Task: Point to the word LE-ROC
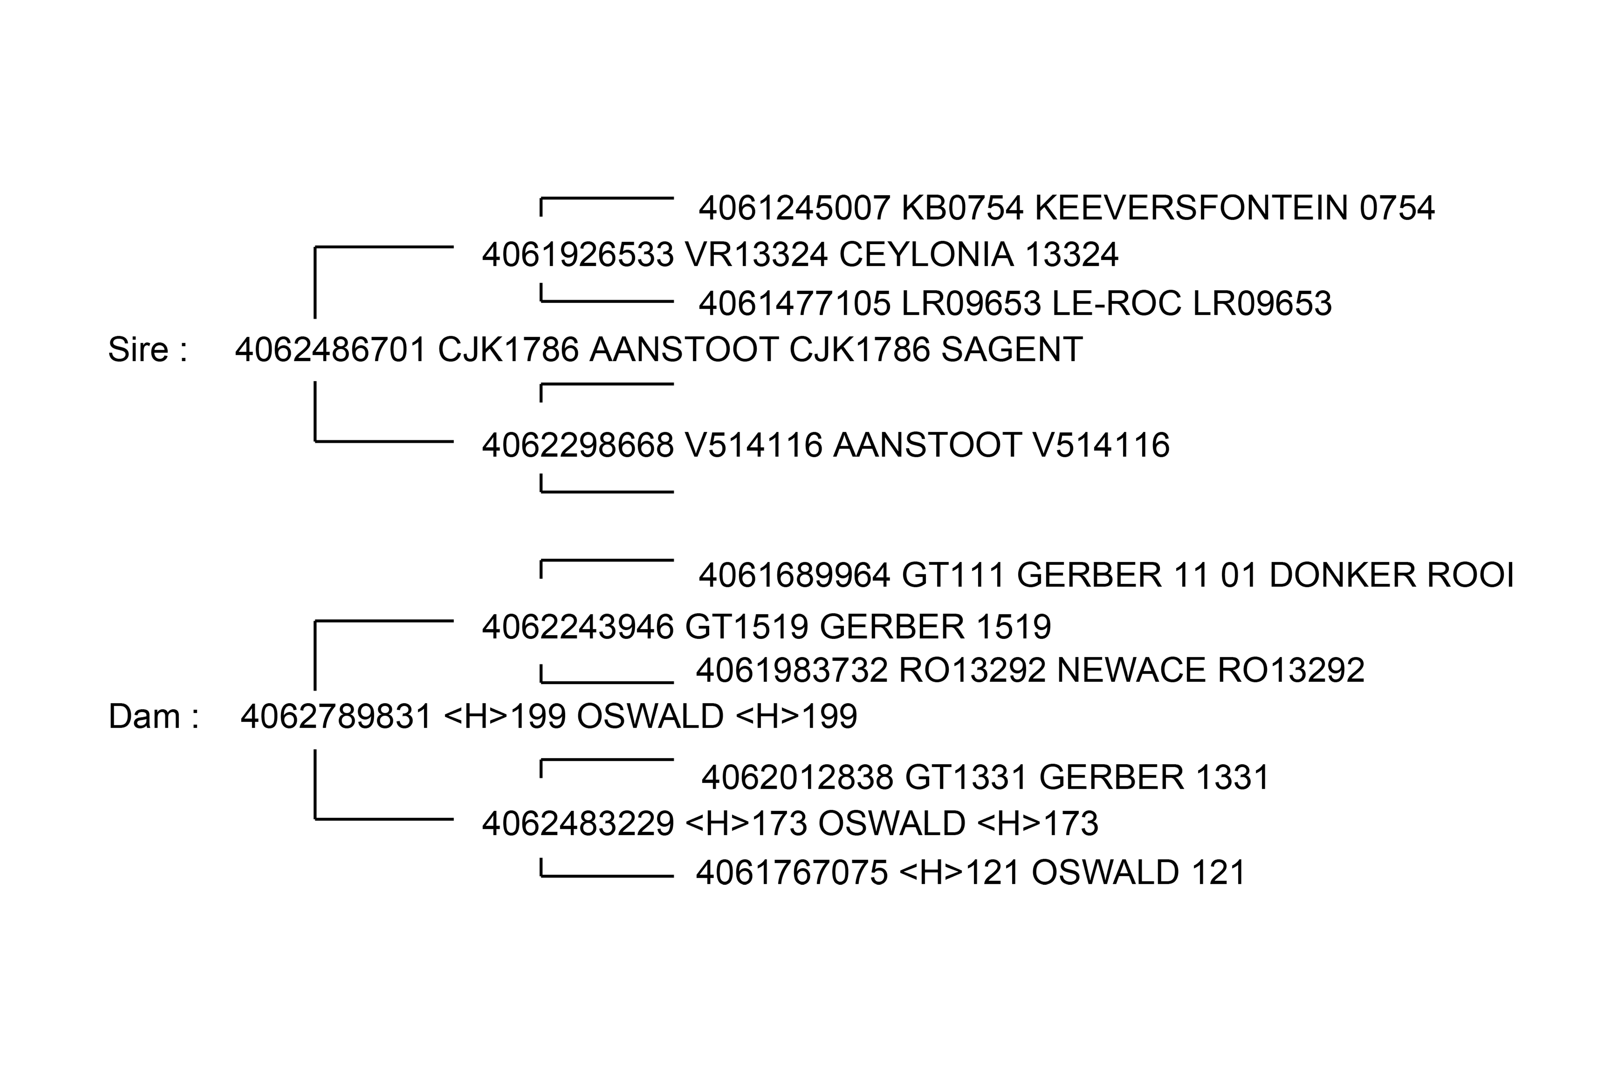click(x=1117, y=304)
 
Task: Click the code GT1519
click(x=747, y=627)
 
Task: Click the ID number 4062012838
click(x=797, y=778)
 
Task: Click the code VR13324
click(x=755, y=255)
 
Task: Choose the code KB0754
click(x=962, y=208)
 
